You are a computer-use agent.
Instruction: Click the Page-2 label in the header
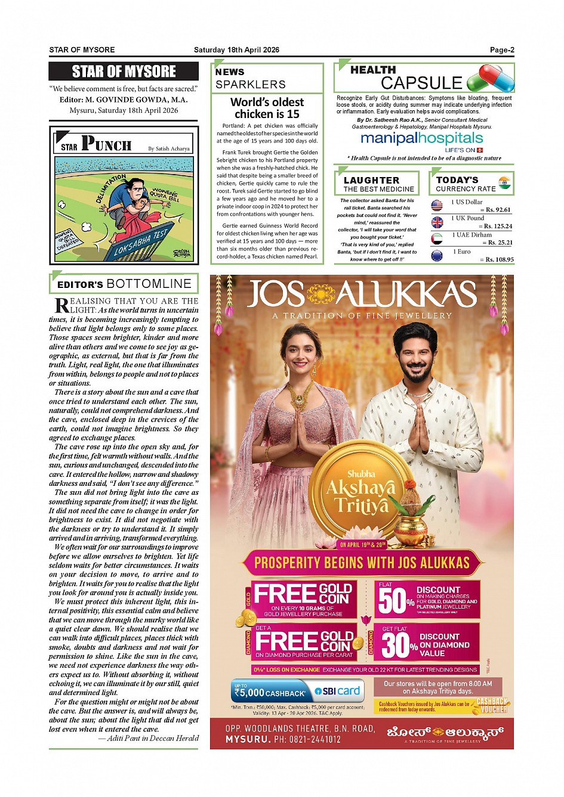point(502,50)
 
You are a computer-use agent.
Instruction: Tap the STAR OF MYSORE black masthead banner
point(124,72)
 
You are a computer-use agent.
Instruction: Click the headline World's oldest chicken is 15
point(267,108)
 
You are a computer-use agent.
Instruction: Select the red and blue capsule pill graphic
point(490,78)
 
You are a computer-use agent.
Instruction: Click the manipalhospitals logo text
point(421,138)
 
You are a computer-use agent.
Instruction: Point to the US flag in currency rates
point(437,206)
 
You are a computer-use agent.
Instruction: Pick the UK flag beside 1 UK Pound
point(437,222)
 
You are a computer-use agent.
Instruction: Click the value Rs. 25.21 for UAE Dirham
point(499,243)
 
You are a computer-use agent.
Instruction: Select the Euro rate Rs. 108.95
point(499,259)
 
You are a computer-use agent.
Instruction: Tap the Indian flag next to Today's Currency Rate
point(504,182)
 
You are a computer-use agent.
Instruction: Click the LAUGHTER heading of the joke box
point(371,180)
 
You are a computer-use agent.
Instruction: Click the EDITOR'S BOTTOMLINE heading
point(124,284)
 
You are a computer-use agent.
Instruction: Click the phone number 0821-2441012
point(315,739)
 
